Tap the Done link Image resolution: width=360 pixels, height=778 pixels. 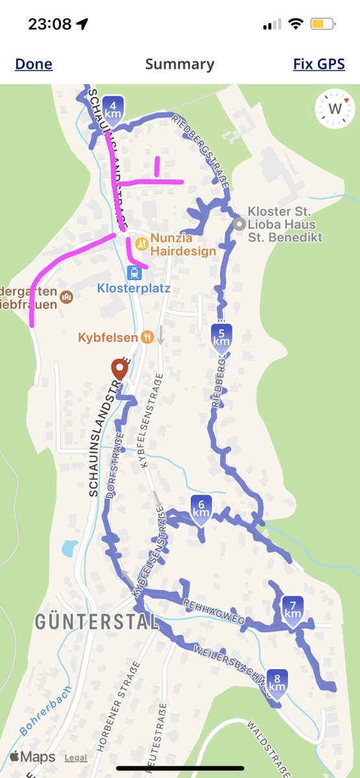click(x=34, y=64)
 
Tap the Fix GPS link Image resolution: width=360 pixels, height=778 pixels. click(x=318, y=64)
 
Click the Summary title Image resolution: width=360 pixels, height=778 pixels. click(x=180, y=64)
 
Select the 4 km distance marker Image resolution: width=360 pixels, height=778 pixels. click(x=113, y=109)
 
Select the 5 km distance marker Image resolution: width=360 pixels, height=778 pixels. click(x=221, y=336)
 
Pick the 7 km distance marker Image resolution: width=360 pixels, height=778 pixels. click(x=293, y=609)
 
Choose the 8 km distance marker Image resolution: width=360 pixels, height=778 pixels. click(x=277, y=682)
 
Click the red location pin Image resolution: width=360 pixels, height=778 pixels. click(x=119, y=369)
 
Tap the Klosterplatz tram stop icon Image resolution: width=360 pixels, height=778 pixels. click(x=134, y=272)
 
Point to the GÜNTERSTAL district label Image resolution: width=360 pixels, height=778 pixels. click(x=97, y=622)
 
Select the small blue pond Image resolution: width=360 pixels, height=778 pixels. click(x=69, y=549)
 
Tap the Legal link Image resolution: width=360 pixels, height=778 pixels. click(x=75, y=758)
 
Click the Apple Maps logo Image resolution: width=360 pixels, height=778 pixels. click(x=32, y=757)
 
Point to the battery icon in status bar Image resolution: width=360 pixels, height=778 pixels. click(x=322, y=25)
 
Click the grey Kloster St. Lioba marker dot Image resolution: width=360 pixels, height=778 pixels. click(x=239, y=224)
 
